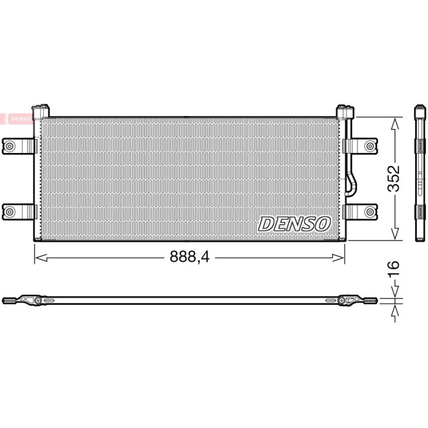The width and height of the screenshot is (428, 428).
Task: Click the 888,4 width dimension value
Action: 189,257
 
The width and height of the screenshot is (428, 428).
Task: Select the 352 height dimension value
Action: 394,178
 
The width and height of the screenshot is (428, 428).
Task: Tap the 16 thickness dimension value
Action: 394,269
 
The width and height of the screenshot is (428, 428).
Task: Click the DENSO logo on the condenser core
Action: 294,224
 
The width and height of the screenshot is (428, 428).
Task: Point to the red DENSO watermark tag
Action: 17,119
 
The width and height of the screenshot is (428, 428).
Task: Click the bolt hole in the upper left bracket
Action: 10,146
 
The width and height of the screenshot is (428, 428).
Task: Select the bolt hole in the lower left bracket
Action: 10,211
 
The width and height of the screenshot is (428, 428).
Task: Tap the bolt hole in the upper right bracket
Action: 370,146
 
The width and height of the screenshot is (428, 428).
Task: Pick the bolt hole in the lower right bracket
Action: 370,211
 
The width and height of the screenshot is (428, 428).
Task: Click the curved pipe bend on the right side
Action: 351,184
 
